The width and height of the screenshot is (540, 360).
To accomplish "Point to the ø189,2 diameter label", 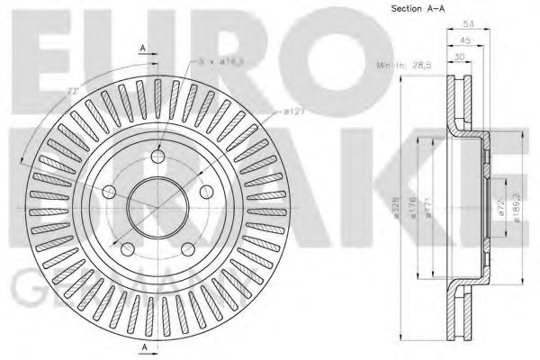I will pyautogui.click(x=514, y=206).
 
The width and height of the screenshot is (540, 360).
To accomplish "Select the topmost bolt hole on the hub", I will pyautogui.click(x=159, y=153).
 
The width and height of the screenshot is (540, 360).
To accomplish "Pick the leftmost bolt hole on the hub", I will pyautogui.click(x=111, y=192).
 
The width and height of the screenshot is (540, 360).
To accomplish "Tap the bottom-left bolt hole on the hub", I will pyautogui.click(x=128, y=245).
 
